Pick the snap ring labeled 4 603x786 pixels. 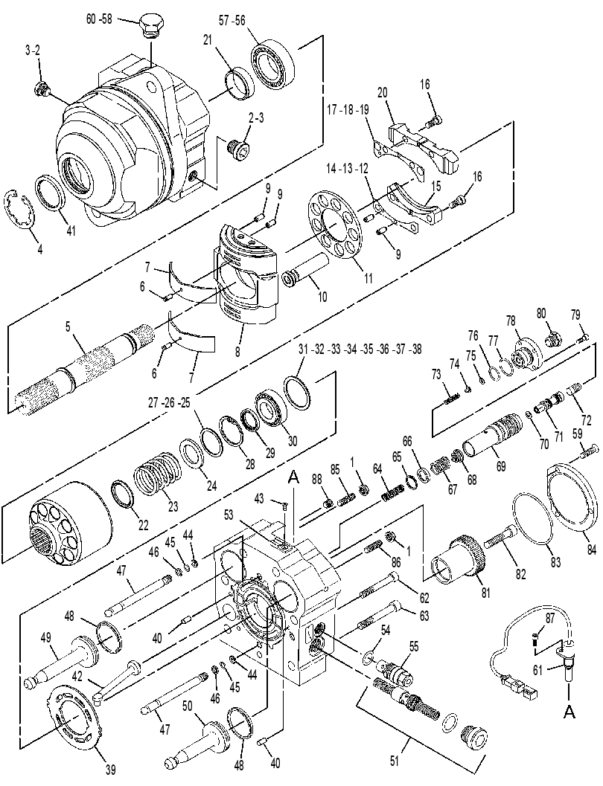22,208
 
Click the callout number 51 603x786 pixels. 394,761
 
